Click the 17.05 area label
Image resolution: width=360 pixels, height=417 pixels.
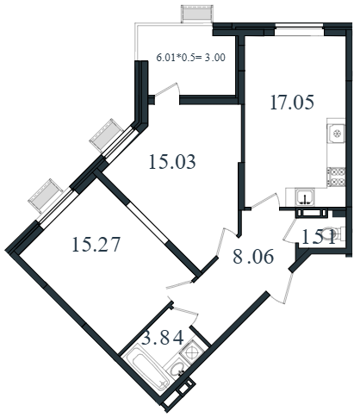tap(292, 103)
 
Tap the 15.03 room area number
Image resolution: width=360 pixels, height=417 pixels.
tap(172, 161)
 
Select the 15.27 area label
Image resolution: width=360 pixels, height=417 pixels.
tap(96, 245)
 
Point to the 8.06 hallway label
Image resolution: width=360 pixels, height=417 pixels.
tap(253, 257)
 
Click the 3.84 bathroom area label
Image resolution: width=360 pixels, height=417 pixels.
tap(163, 338)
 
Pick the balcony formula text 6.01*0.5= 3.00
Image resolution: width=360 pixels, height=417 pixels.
tap(190, 58)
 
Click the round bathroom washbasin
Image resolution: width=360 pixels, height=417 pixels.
tap(176, 369)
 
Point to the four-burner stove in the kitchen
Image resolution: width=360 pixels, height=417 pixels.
tap(337, 177)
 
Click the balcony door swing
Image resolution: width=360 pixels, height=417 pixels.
tap(167, 90)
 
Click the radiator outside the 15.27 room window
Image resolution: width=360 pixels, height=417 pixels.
tap(46, 196)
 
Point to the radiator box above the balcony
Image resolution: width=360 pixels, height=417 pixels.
tap(196, 15)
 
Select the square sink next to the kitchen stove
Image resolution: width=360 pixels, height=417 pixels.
tap(337, 134)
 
